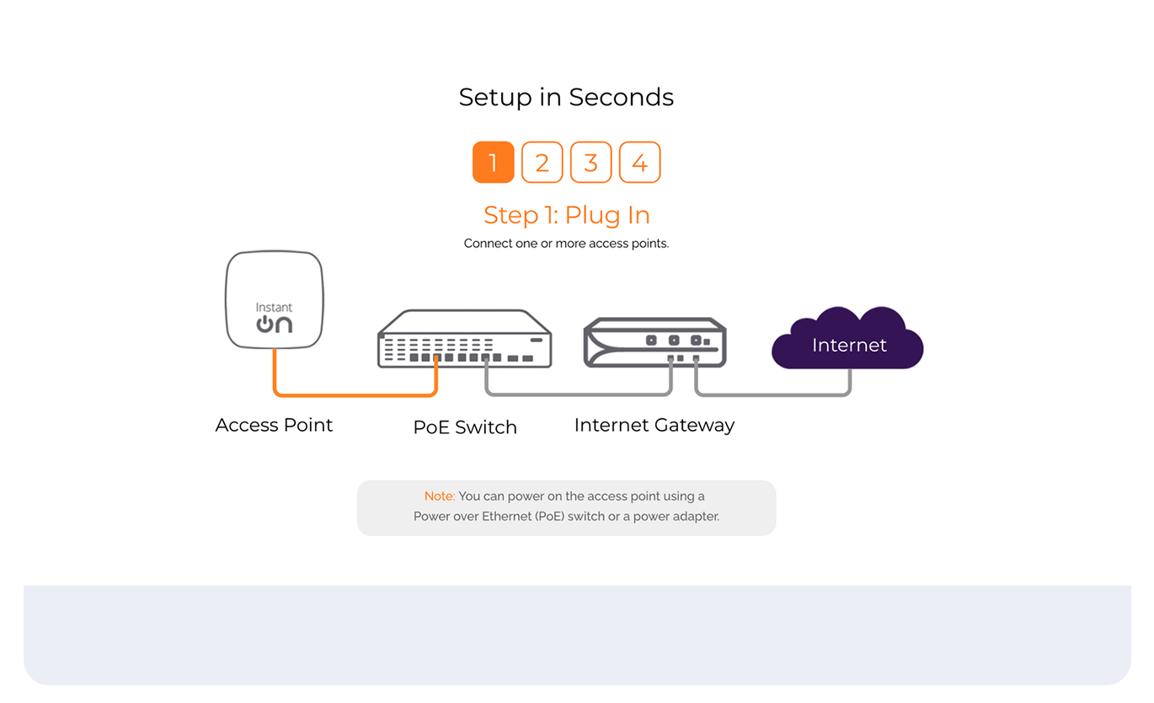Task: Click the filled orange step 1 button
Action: pos(493,162)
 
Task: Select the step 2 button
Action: pos(542,162)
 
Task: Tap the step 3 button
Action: pos(590,162)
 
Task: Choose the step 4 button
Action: pos(639,162)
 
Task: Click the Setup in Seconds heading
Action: pos(566,98)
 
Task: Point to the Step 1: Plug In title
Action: pos(566,216)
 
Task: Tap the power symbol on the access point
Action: pos(264,325)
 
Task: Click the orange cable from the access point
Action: pos(354,394)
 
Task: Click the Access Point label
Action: pos(274,425)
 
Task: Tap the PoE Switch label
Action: pos(465,427)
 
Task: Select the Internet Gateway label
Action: pos(654,425)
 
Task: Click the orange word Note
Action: pos(439,496)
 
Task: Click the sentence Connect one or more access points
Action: pos(566,244)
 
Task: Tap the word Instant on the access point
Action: pos(274,308)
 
